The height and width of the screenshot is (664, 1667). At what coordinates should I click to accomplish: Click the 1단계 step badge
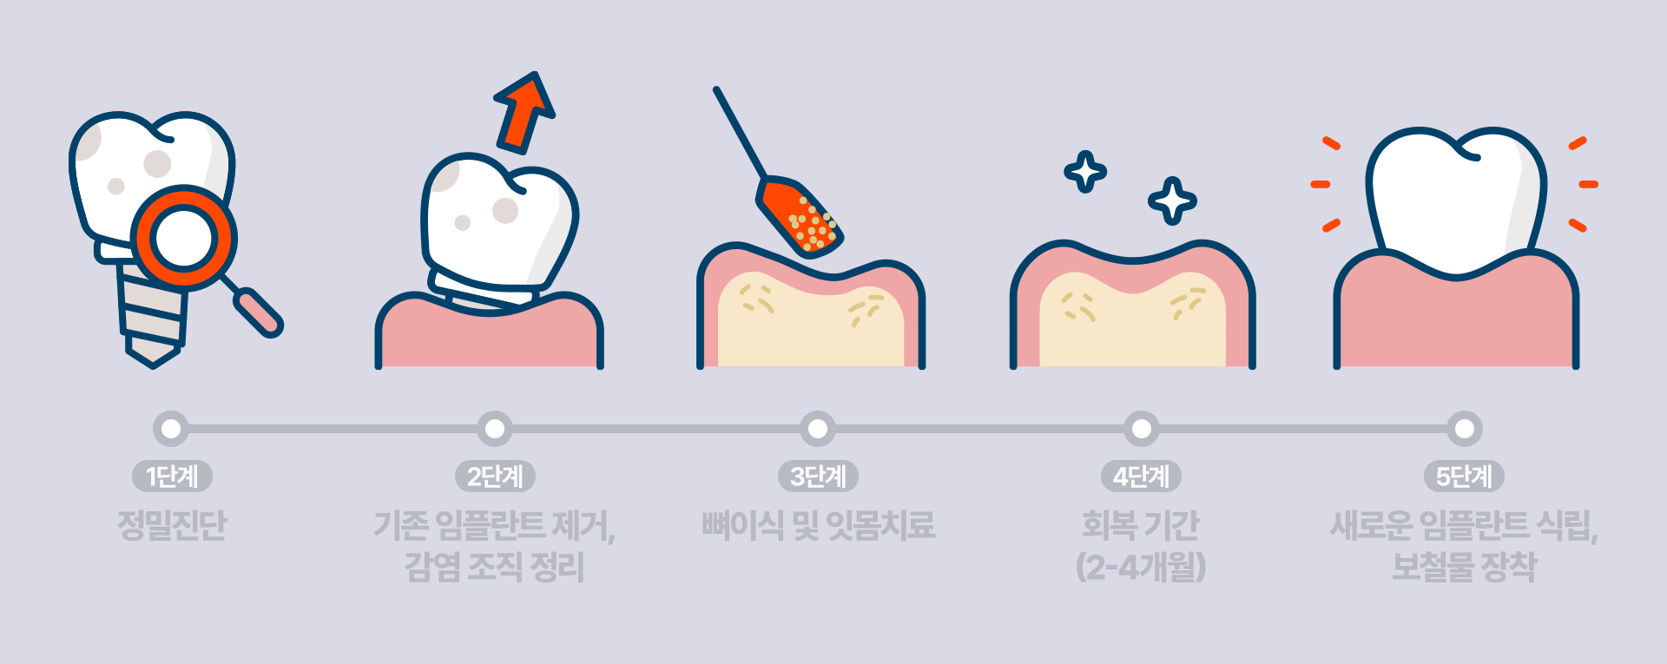[x=172, y=476]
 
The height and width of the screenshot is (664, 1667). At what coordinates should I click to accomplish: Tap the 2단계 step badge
[x=495, y=476]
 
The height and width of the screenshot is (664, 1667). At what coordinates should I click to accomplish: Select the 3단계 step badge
[x=818, y=476]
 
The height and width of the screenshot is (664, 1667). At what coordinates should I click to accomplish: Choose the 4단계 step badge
[x=1141, y=476]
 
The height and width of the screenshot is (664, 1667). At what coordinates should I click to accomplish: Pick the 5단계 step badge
[x=1464, y=476]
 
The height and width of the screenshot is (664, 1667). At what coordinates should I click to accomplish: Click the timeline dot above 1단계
[x=172, y=429]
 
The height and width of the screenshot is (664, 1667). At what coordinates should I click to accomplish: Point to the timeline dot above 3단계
[x=818, y=429]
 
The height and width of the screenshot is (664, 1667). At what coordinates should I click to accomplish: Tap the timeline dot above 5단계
[x=1464, y=429]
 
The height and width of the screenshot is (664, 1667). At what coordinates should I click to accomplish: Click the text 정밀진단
[x=172, y=525]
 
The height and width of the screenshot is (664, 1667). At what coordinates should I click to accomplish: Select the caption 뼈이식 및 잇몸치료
[x=818, y=525]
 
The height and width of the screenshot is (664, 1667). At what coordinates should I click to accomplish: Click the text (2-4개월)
[x=1141, y=568]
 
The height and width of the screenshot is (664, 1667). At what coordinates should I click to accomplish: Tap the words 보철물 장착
[x=1464, y=568]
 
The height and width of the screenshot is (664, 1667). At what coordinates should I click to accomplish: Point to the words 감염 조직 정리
[x=495, y=568]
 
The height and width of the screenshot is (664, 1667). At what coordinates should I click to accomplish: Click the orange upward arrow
[x=524, y=114]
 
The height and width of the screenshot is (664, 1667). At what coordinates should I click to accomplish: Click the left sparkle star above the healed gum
[x=1085, y=172]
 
